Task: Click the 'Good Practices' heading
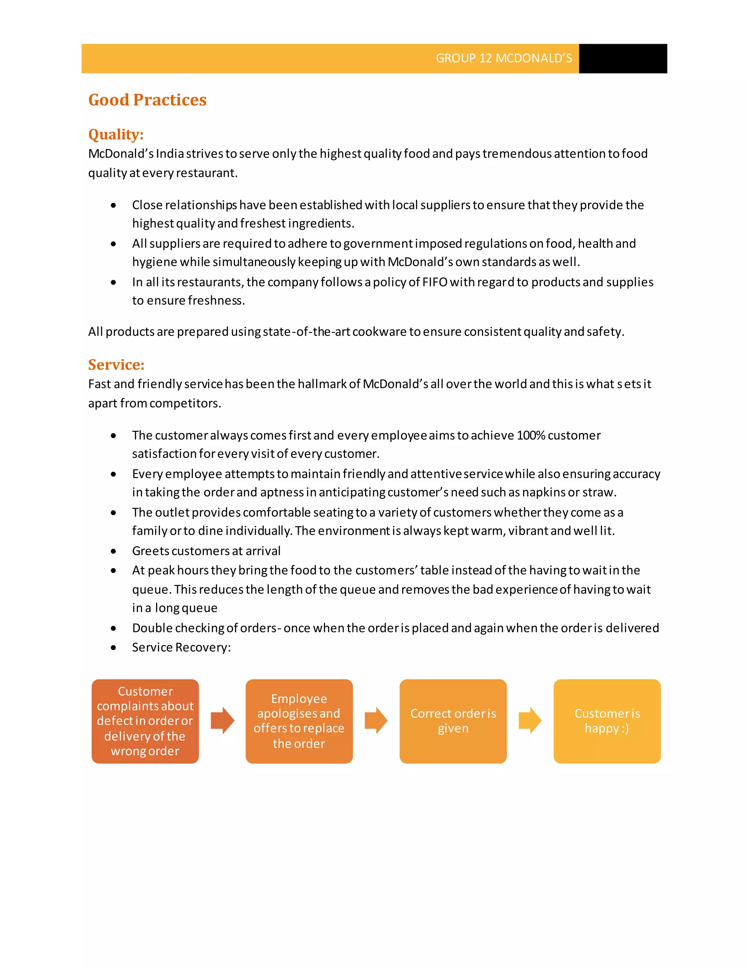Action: point(147,100)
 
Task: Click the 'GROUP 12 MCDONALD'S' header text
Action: point(503,58)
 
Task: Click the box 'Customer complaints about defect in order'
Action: point(145,721)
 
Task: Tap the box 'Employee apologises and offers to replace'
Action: point(299,721)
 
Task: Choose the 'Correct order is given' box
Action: point(453,721)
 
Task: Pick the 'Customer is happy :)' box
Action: point(607,721)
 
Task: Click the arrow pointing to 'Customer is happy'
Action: point(530,721)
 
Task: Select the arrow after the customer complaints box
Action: point(222,721)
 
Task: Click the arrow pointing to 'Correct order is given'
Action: point(376,721)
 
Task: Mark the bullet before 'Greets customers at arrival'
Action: point(114,551)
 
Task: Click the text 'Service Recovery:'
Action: point(181,647)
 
